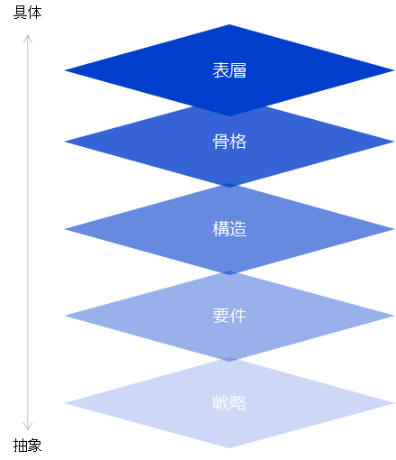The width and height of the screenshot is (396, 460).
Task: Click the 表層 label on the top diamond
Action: pos(229,70)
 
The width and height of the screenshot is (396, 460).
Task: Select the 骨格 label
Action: pos(229,142)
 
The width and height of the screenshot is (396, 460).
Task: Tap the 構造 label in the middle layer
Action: pos(229,229)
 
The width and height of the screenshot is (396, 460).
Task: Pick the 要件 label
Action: pos(229,316)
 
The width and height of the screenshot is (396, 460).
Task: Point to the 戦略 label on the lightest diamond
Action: pos(229,403)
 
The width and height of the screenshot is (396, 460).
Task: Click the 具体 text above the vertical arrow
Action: pos(28,13)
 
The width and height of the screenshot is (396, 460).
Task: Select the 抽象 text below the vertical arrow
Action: pos(28,446)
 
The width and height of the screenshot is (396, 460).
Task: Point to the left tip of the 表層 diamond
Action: pos(65,70)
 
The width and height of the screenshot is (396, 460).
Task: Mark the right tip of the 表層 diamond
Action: pos(394,70)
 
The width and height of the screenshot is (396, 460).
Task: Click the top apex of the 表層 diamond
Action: pos(229,24)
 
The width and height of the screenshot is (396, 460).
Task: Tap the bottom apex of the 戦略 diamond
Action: pos(229,447)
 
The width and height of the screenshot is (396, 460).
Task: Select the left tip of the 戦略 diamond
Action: pos(65,403)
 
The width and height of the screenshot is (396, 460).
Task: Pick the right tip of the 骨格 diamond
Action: pos(394,142)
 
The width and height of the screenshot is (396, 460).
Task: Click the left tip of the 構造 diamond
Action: pos(65,229)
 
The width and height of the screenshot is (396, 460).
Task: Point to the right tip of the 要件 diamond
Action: pos(394,316)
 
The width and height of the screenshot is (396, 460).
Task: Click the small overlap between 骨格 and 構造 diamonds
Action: pos(229,185)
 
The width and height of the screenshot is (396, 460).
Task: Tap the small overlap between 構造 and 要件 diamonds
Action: pos(229,272)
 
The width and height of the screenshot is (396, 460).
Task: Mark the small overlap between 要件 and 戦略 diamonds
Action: pos(229,359)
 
